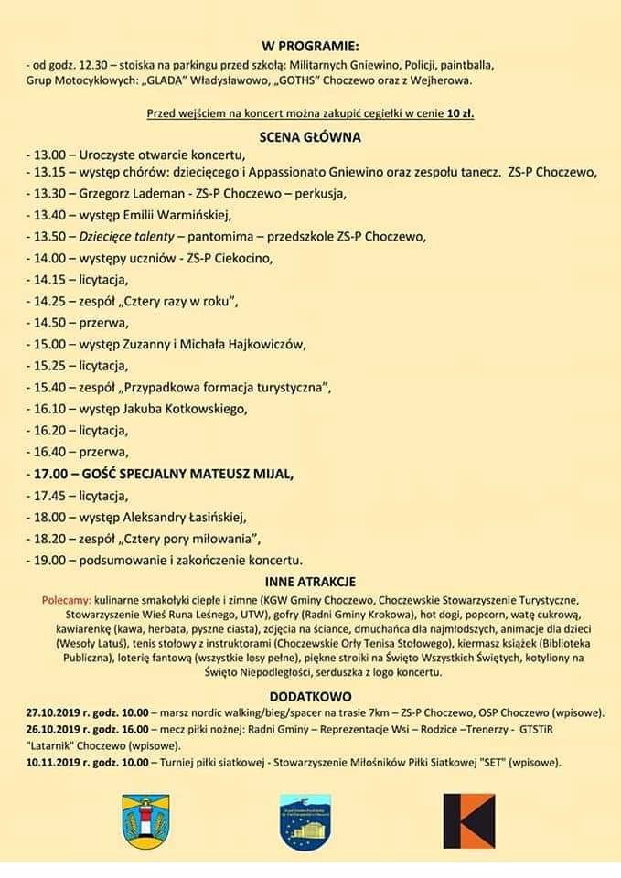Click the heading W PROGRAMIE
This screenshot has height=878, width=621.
pyautogui.click(x=310, y=46)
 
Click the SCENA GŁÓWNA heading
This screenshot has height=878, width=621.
pyautogui.click(x=310, y=136)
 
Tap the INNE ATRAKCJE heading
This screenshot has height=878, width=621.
pyautogui.click(x=310, y=582)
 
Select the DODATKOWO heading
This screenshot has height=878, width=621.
pyautogui.click(x=310, y=696)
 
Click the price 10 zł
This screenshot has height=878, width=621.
pyautogui.click(x=460, y=114)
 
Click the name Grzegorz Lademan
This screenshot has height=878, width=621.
pyautogui.click(x=130, y=194)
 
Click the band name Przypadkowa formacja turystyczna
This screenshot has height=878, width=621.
pyautogui.click(x=226, y=387)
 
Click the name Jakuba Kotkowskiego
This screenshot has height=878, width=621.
pyautogui.click(x=187, y=409)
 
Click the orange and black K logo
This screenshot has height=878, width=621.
pyautogui.click(x=468, y=820)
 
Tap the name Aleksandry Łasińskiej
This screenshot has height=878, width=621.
pyautogui.click(x=187, y=517)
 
